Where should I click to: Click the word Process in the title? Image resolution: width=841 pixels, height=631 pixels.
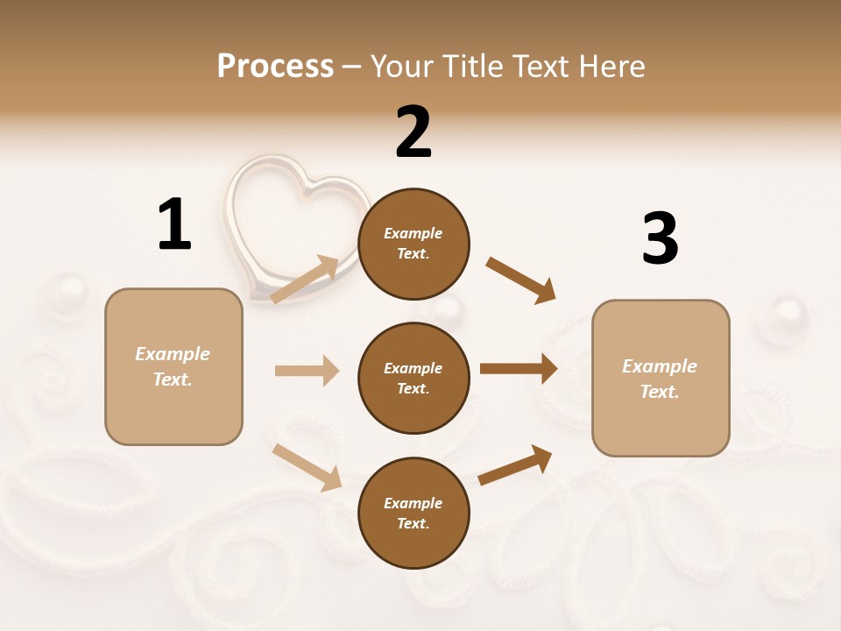click(x=275, y=67)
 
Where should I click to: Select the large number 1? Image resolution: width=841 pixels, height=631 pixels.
click(x=174, y=224)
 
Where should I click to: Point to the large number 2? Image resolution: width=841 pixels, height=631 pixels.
click(x=413, y=132)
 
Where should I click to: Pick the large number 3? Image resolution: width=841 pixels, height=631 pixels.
click(x=660, y=239)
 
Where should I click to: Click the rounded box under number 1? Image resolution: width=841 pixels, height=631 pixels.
click(x=173, y=366)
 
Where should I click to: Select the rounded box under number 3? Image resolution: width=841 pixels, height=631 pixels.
click(x=661, y=379)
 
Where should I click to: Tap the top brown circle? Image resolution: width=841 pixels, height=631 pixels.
click(x=413, y=244)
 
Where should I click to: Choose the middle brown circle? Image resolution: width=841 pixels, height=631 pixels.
click(x=413, y=378)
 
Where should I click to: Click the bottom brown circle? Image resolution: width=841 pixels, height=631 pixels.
click(x=413, y=513)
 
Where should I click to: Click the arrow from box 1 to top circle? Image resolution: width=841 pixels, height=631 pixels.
click(x=305, y=280)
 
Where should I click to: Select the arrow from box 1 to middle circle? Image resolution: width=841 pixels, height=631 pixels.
click(x=307, y=371)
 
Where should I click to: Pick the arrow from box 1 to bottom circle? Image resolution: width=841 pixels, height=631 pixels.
click(x=307, y=467)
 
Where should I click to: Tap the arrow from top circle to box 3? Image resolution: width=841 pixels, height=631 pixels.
click(x=520, y=280)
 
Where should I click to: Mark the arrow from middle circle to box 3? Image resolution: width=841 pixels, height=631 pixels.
click(x=518, y=369)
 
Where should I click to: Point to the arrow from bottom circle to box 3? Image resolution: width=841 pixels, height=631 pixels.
click(x=515, y=465)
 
